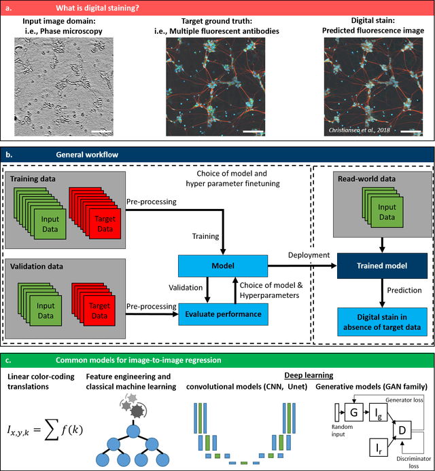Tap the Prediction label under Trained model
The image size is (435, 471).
click(x=404, y=290)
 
